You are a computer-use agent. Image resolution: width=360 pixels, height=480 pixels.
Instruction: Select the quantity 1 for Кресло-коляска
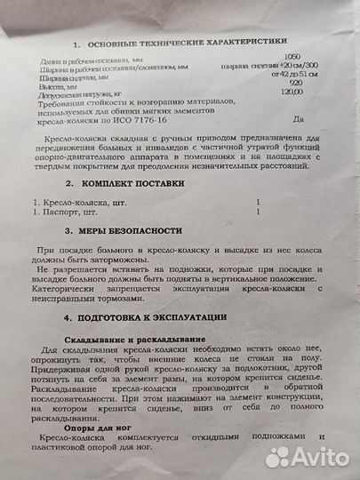258,203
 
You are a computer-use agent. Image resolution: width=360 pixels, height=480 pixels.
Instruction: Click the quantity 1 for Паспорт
258,213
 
